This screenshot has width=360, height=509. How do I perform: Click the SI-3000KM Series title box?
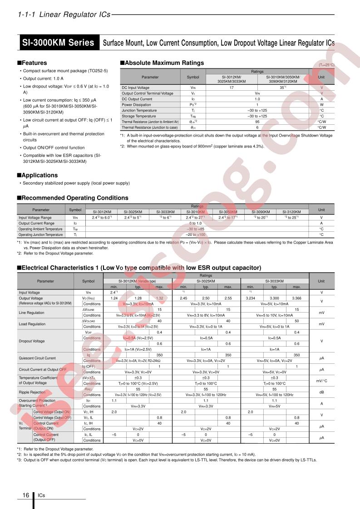pos(58,43)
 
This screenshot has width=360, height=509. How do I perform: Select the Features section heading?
pos(34,63)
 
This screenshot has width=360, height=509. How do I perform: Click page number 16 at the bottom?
pos(25,495)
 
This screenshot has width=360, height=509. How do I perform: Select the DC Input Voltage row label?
pos(135,88)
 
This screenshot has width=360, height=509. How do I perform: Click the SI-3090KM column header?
pos(261,212)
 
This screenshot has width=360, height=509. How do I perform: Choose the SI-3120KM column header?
pos(292,212)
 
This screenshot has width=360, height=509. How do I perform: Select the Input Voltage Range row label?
pos(35,218)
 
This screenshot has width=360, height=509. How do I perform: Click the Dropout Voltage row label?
pos(32,341)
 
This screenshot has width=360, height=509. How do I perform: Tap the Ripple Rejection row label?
pos(32,392)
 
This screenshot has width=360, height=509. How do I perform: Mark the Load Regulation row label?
pos(32,324)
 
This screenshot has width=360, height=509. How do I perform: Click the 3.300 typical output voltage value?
pos(274,298)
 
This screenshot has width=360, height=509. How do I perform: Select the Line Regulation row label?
pos(32,313)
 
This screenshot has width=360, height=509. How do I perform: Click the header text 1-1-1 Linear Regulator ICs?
pos(64,15)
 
